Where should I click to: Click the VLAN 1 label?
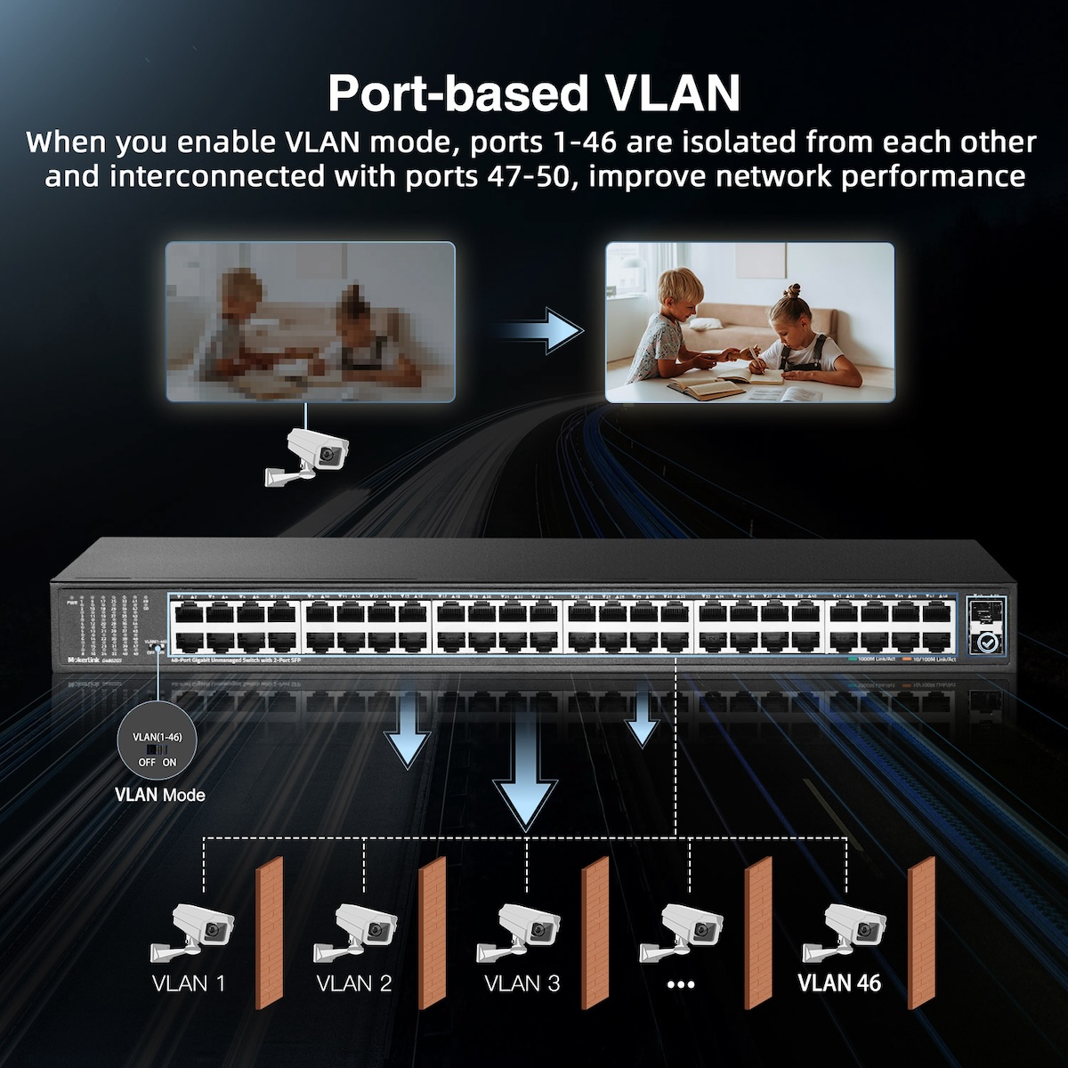pyautogui.click(x=189, y=983)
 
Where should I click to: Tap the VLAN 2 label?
pyautogui.click(x=354, y=983)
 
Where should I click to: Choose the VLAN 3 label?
pyautogui.click(x=522, y=983)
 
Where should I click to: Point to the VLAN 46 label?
pyautogui.click(x=839, y=983)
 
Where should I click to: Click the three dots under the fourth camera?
pyautogui.click(x=680, y=984)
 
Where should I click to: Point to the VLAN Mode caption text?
pyautogui.click(x=160, y=795)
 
